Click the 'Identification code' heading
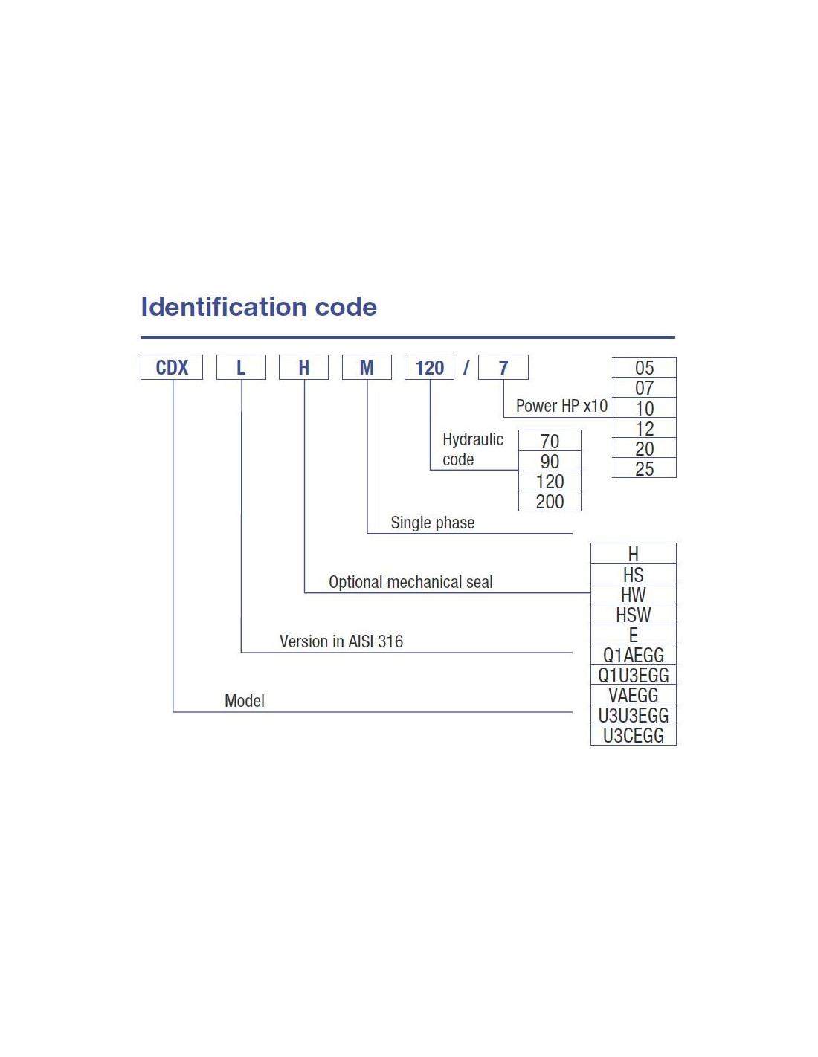coord(258,307)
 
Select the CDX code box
coord(171,367)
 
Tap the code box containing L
coord(241,367)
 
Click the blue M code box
coord(367,367)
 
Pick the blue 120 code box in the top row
coord(429,367)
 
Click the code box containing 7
coord(503,367)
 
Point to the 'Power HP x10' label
coord(561,406)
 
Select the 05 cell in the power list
coord(644,367)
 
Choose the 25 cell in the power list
coord(644,468)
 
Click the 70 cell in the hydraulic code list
coord(550,441)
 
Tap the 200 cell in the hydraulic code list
coord(550,501)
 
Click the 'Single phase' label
coord(432,523)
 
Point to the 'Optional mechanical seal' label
coord(410,582)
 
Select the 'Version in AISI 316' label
coord(341,641)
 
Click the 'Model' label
coord(244,701)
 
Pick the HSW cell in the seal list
coord(633,615)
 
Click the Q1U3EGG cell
coord(633,675)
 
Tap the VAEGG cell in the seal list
coord(633,695)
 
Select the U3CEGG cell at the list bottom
coord(633,735)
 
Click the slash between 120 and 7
coord(466,366)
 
